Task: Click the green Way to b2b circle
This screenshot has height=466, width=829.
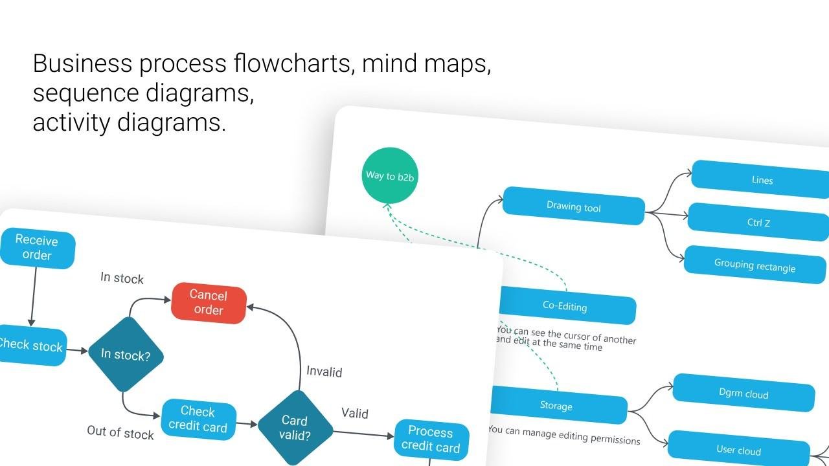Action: pos(389,175)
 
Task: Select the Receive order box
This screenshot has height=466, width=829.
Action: pos(37,248)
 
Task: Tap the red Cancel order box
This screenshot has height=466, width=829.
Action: pos(209,303)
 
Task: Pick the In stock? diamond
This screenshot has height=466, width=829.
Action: pos(126,355)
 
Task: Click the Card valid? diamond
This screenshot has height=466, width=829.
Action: pos(295,428)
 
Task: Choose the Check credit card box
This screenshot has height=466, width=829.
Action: pos(198,419)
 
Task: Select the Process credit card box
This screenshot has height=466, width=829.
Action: pos(431,439)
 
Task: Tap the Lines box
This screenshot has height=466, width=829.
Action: pos(762,180)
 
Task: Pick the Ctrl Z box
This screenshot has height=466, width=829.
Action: pos(758,223)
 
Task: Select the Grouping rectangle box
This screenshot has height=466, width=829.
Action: pos(755,265)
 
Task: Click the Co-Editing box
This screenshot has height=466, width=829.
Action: pos(565,305)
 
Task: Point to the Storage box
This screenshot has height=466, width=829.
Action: pos(556,406)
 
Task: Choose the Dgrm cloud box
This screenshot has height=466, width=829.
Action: pos(744,394)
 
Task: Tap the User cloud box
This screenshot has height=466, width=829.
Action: pos(738,450)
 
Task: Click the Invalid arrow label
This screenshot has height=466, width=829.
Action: pos(324,372)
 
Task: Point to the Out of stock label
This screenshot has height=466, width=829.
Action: pos(120,432)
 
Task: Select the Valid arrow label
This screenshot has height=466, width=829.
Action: pos(355,414)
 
